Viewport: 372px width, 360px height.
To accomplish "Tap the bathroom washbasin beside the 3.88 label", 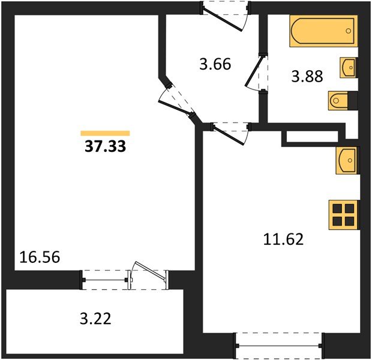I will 348,67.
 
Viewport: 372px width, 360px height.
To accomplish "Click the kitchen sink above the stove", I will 347,160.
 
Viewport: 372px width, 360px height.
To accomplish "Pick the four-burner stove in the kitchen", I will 344,214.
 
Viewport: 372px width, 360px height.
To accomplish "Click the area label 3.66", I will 215,64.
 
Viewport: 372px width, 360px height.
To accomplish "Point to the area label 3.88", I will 307,77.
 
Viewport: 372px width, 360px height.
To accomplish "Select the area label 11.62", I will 284,240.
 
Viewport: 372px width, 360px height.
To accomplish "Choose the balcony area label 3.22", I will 95,317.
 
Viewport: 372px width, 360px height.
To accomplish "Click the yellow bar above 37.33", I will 106,133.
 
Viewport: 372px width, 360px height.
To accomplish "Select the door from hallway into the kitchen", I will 230,132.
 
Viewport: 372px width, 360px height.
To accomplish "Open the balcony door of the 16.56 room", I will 148,275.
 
